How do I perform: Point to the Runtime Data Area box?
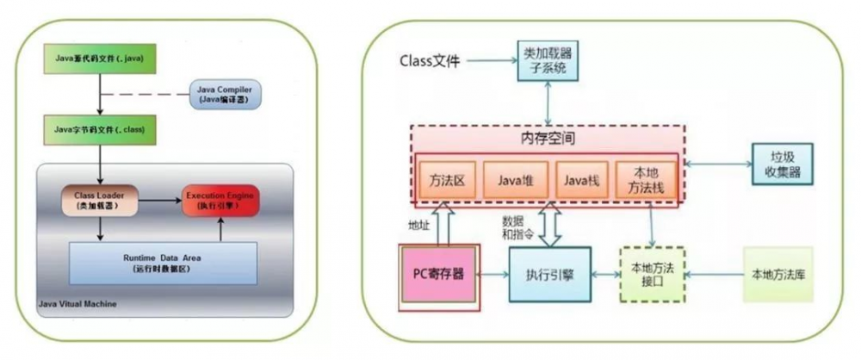tap(164, 263)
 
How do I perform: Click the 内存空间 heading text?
tap(548, 139)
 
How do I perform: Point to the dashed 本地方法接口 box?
tap(652, 275)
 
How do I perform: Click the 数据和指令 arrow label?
tap(517, 227)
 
